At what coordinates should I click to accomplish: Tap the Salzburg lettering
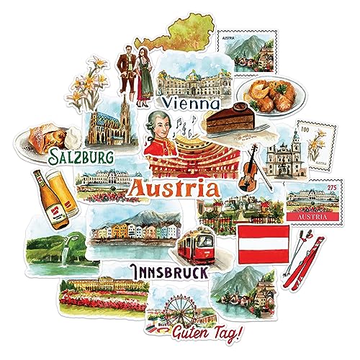click(x=75, y=157)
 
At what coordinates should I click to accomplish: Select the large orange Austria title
click(x=172, y=189)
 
